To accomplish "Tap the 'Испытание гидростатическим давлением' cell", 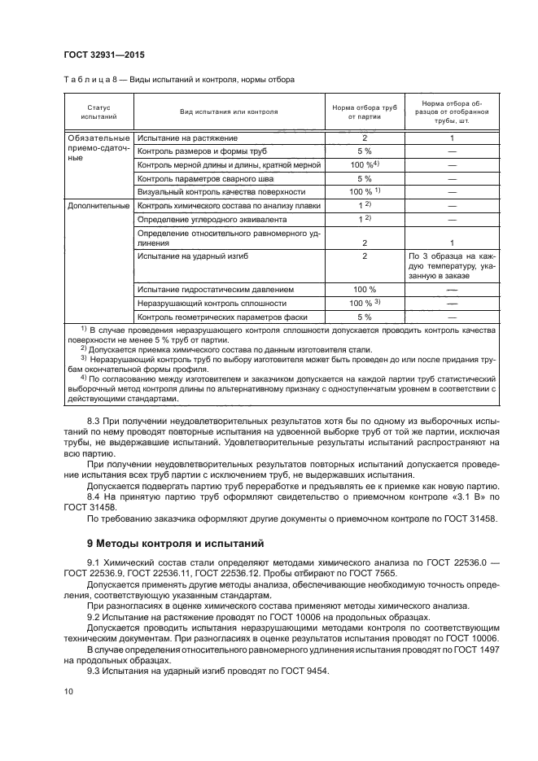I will pos(216,289).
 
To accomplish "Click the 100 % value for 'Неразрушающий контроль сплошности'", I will pos(363,303).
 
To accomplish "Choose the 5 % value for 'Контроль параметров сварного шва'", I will pos(364,178).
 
